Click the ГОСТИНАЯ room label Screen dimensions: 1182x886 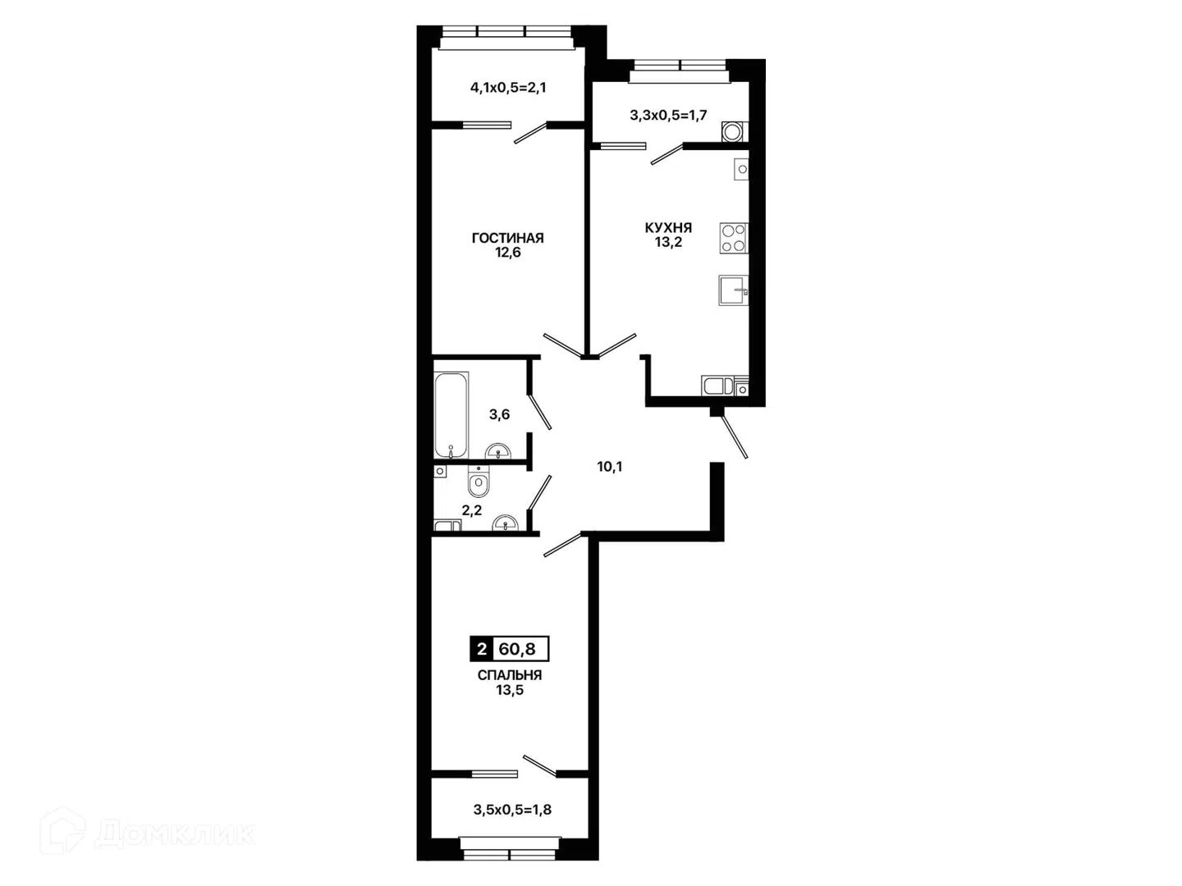pyautogui.click(x=508, y=238)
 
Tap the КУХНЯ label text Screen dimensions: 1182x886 pyautogui.click(x=668, y=227)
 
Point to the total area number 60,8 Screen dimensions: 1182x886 pyautogui.click(x=517, y=649)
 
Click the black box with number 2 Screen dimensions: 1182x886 pyautogui.click(x=481, y=649)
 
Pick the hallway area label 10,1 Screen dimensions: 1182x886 pyautogui.click(x=610, y=467)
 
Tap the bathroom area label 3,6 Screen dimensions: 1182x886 pyautogui.click(x=499, y=414)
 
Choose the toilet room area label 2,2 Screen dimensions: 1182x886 pyautogui.click(x=472, y=510)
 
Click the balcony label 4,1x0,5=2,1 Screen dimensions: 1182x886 pyautogui.click(x=508, y=88)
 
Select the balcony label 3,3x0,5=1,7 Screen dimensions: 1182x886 pyautogui.click(x=667, y=115)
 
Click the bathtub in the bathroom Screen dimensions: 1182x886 pyautogui.click(x=451, y=415)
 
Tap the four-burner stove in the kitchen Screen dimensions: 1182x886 pyautogui.click(x=734, y=238)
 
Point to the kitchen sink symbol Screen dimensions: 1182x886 pyautogui.click(x=734, y=290)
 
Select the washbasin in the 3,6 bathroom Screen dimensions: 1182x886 pyautogui.click(x=498, y=452)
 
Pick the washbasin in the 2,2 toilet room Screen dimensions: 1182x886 pyautogui.click(x=506, y=523)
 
